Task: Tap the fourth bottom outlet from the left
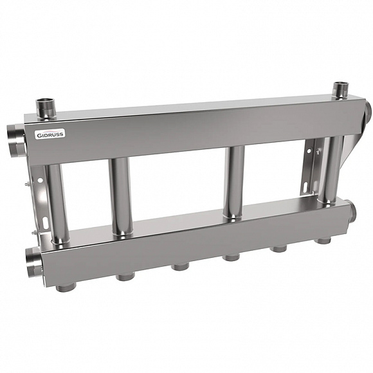[x=230, y=258]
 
